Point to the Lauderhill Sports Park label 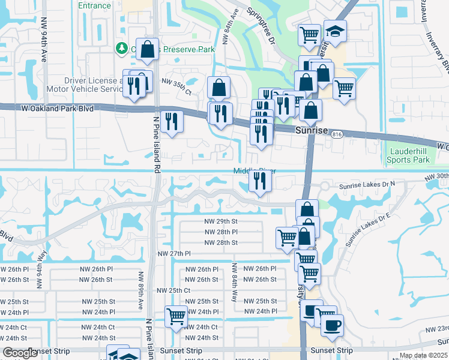(409, 156)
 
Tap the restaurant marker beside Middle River (259, 181)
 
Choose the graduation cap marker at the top (334, 31)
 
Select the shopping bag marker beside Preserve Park (147, 50)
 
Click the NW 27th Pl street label (173, 254)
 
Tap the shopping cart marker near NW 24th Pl (176, 316)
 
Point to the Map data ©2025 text (423, 355)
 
